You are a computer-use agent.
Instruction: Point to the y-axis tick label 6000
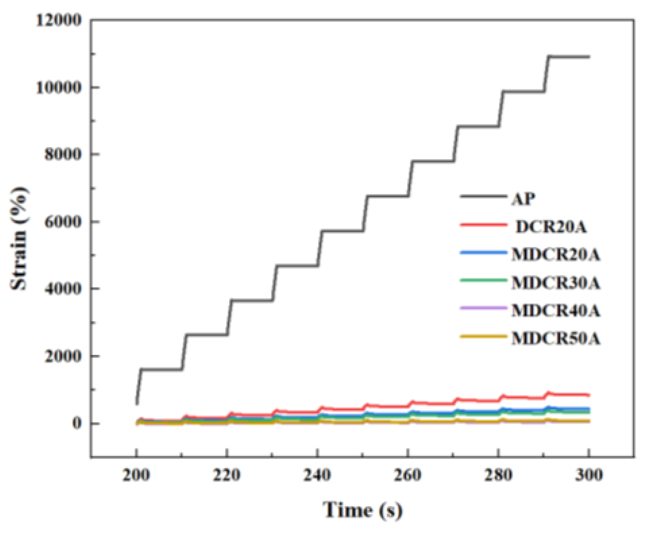point(63,222)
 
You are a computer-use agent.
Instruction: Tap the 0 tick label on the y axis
point(77,423)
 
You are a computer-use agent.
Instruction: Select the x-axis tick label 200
point(136,475)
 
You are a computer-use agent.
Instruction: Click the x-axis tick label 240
point(317,475)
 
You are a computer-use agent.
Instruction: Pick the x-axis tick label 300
point(588,475)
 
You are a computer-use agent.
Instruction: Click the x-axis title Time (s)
point(362,510)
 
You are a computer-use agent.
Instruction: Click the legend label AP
point(524,198)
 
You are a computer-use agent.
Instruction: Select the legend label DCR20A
point(551,227)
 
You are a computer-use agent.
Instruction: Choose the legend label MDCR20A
point(556,255)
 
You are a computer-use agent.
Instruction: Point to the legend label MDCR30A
point(556,283)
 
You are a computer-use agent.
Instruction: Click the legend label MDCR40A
point(556,311)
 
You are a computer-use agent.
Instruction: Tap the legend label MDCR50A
point(556,339)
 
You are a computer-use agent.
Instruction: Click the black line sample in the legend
point(483,196)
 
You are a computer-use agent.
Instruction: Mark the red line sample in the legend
point(483,224)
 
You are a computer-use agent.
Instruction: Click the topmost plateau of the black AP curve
point(568,57)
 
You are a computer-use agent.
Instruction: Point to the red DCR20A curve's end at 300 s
point(588,395)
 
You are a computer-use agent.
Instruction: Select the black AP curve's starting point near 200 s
point(137,403)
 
